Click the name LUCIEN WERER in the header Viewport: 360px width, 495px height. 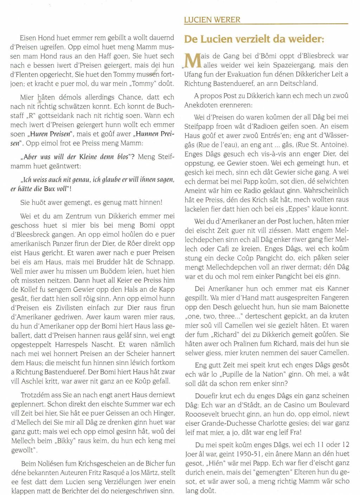[x=212, y=20]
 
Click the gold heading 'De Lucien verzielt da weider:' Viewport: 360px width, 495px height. [x=254, y=39]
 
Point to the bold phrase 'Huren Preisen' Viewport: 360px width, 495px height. [x=51, y=134]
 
